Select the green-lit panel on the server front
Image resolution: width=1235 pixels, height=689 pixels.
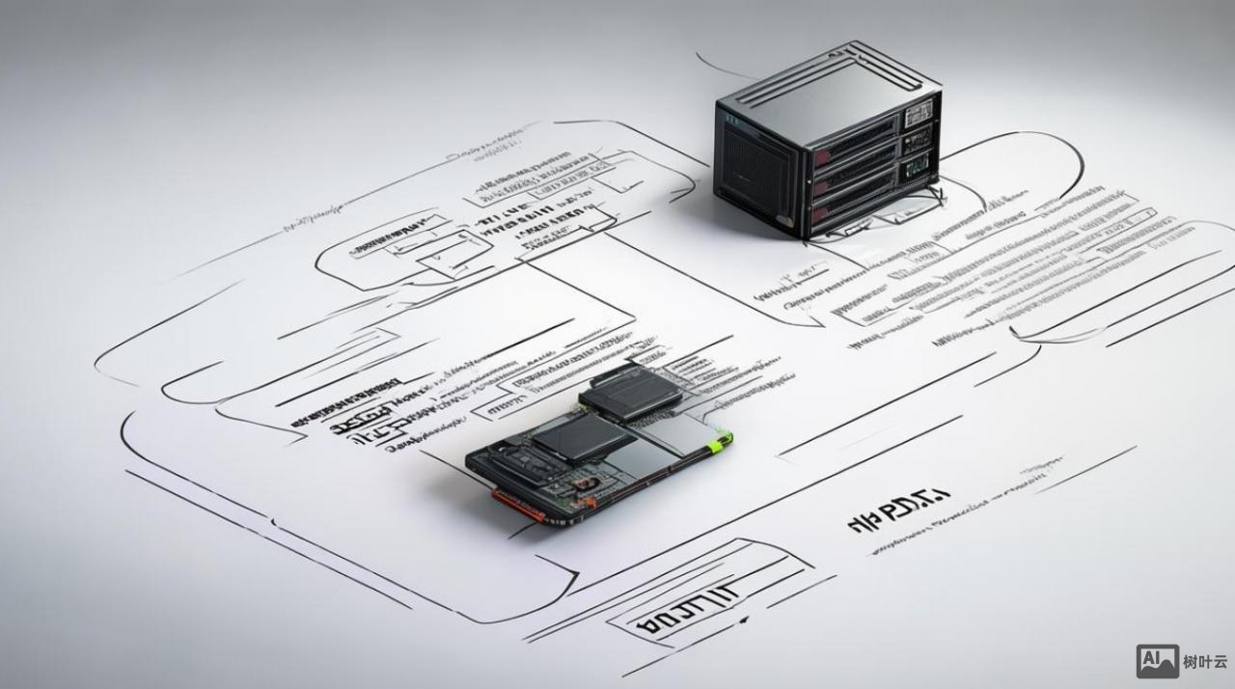pos(918,170)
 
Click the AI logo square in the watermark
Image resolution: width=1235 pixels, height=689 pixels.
pos(1157,661)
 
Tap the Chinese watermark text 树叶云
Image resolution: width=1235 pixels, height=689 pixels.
pos(1205,662)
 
